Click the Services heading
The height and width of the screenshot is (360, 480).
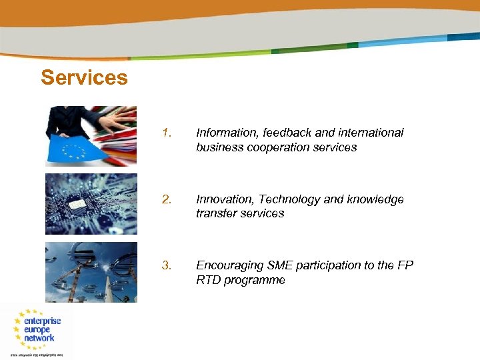(x=84, y=78)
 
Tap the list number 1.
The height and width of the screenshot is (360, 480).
(x=167, y=133)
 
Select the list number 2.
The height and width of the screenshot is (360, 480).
(x=167, y=199)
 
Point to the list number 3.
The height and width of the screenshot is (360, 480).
(x=167, y=266)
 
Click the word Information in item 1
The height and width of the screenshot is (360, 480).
(x=224, y=133)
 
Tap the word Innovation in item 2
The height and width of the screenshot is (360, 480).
(x=223, y=199)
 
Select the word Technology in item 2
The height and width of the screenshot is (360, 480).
(x=287, y=199)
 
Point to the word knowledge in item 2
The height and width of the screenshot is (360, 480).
(x=375, y=199)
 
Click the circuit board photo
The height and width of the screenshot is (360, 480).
(x=91, y=204)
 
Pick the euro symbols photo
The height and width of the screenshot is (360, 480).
(x=91, y=272)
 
